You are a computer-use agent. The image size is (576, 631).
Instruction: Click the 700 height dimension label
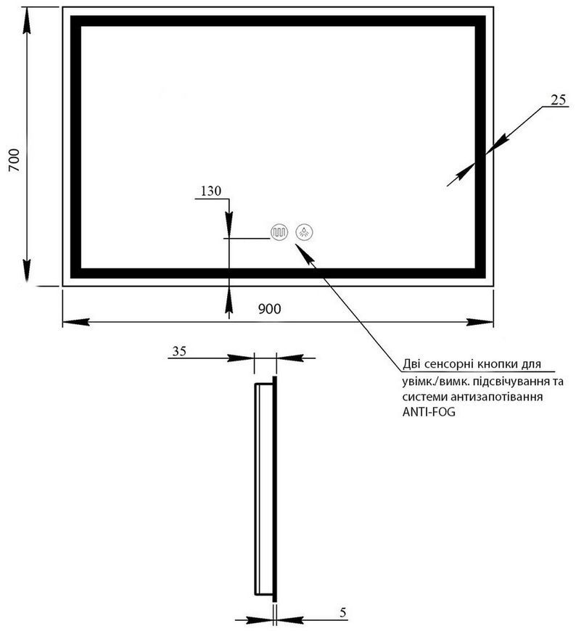(14, 160)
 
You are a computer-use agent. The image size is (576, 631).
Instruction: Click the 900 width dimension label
(269, 309)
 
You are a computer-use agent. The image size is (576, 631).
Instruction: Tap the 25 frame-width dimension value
(559, 100)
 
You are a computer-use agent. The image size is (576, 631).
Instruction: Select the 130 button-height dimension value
(211, 191)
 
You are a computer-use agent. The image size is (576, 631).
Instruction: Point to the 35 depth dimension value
(179, 351)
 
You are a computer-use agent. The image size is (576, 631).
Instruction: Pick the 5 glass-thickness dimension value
(342, 613)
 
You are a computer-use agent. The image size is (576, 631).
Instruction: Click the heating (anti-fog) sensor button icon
(279, 232)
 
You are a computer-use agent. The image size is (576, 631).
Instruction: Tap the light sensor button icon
(305, 232)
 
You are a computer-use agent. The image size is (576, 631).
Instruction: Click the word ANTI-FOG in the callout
(429, 413)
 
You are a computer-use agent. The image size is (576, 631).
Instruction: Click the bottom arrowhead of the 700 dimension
(27, 271)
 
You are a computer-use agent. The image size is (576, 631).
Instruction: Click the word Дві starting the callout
(412, 364)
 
